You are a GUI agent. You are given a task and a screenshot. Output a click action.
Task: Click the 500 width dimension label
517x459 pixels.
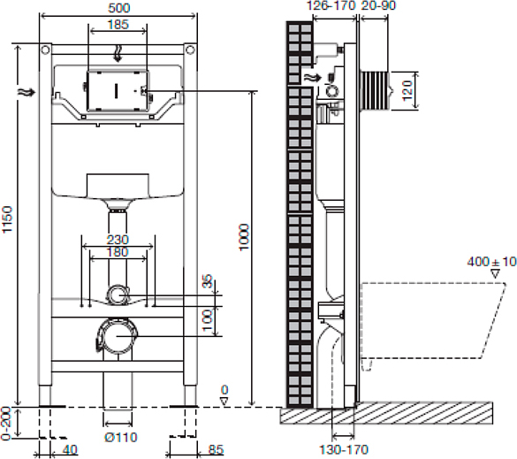click(118, 8)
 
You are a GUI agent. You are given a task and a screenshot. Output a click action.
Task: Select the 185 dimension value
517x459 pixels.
click(118, 24)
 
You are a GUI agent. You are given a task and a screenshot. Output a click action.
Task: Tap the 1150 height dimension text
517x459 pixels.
click(7, 219)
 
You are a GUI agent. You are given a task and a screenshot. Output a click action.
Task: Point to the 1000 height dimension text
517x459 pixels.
click(244, 237)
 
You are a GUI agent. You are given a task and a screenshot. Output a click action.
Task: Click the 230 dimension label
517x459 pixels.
click(118, 240)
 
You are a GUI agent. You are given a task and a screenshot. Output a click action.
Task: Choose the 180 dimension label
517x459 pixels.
click(118, 252)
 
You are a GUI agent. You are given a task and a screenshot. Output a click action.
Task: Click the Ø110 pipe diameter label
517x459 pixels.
click(121, 437)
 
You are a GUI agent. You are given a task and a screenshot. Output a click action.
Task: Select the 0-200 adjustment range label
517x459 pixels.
click(6, 424)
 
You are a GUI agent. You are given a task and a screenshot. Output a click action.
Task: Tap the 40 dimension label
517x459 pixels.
click(70, 449)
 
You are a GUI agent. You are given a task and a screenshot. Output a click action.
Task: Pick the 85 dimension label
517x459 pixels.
click(216, 449)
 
